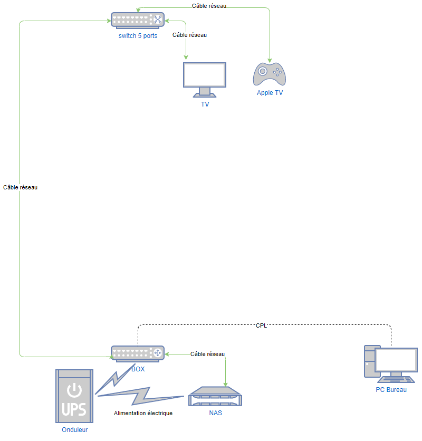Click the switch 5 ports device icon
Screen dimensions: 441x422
point(138,20)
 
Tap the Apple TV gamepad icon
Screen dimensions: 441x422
point(270,74)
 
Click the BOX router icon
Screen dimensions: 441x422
point(138,353)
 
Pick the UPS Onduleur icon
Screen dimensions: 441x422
point(74,396)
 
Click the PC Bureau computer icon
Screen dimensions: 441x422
point(390,363)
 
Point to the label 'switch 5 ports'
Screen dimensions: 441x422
point(138,36)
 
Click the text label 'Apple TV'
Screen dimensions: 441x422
point(270,93)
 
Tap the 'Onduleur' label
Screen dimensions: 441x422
point(74,430)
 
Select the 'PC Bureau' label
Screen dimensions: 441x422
point(391,390)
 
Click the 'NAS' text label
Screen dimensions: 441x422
point(215,413)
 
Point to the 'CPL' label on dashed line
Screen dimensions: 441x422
point(261,325)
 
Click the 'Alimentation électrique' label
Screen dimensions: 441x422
point(143,413)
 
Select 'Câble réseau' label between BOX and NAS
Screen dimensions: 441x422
point(207,354)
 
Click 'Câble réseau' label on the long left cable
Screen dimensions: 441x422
point(20,187)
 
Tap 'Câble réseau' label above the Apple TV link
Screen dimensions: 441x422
point(209,6)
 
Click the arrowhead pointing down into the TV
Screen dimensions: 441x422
point(186,58)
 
